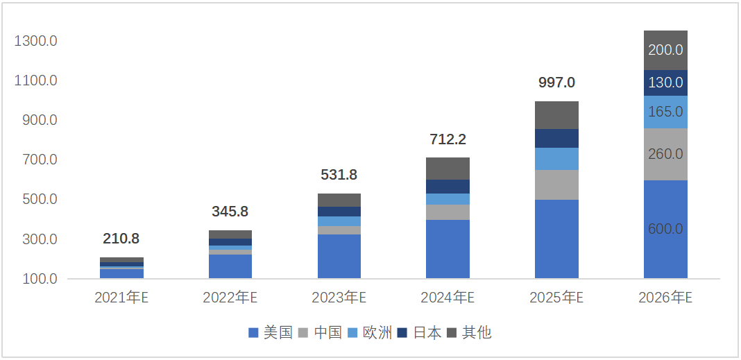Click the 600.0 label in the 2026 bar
[x=665, y=229]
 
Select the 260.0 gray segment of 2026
[x=665, y=154]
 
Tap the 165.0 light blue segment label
[x=665, y=112]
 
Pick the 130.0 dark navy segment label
[x=665, y=83]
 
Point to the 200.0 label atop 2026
[x=665, y=50]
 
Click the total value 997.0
[x=556, y=83]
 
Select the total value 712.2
[x=448, y=139]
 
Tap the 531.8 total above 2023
[x=339, y=175]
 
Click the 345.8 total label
[x=230, y=211]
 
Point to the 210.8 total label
[x=121, y=239]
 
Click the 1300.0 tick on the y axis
[x=35, y=41]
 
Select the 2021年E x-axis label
[x=121, y=298]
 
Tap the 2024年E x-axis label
[x=448, y=298]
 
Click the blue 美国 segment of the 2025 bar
[x=556, y=239]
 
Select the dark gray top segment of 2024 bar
[x=448, y=169]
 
